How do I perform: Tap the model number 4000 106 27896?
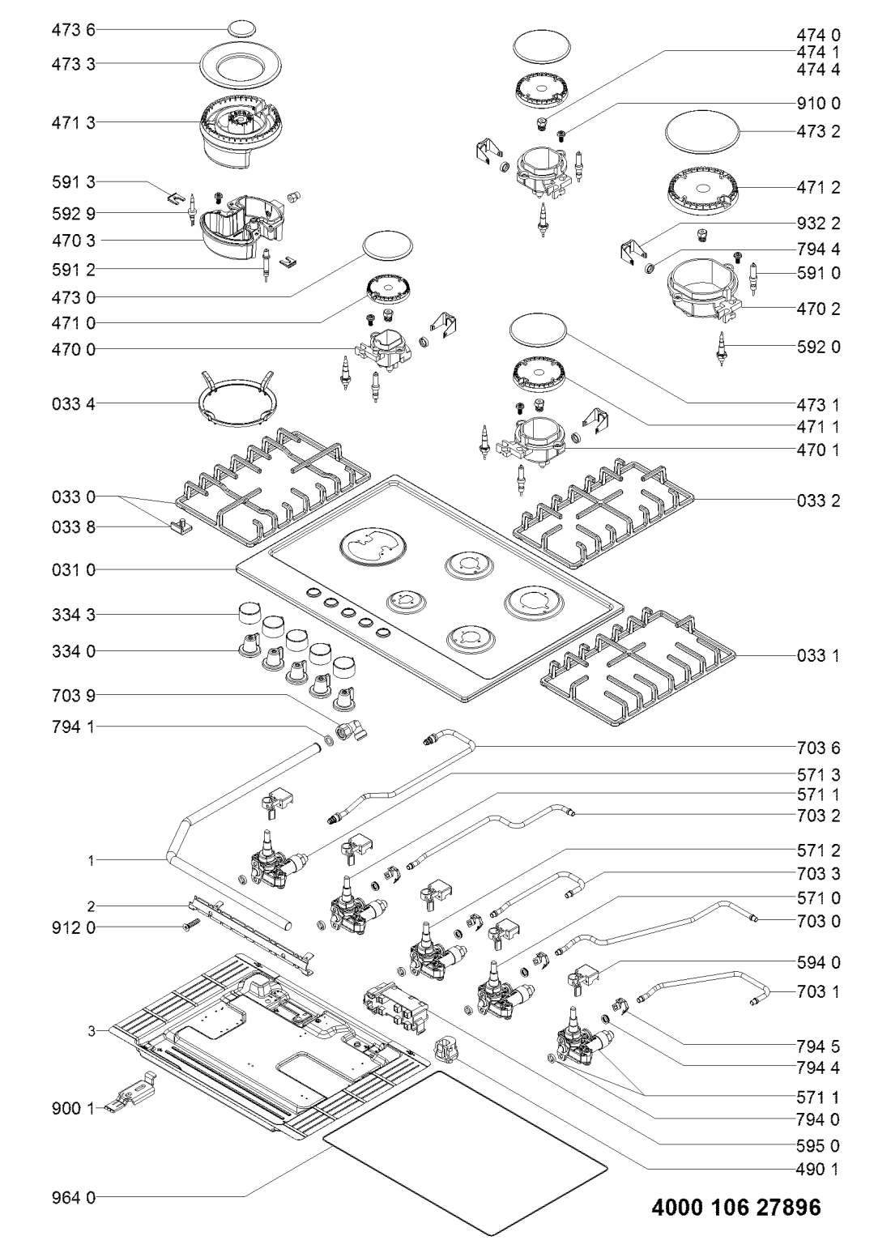736,1208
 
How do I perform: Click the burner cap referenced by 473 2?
704,130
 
